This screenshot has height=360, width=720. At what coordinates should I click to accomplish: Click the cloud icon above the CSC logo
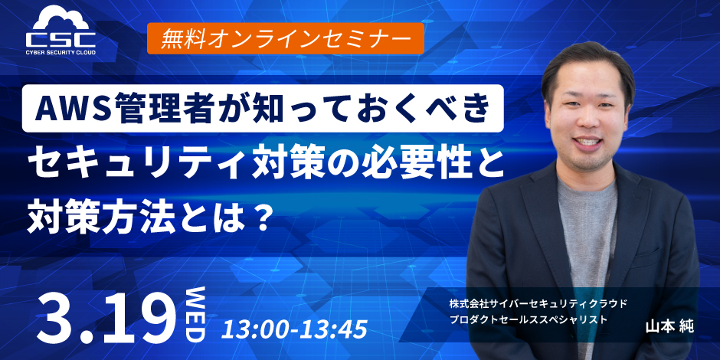61,19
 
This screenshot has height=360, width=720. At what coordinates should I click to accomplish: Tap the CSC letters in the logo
61,39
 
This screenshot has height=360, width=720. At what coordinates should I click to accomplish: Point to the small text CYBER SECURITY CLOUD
61,52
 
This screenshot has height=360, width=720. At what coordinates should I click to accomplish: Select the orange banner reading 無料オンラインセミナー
285,38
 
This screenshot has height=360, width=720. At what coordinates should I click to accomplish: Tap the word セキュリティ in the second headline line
136,164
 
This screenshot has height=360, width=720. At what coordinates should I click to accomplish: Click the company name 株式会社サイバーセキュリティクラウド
538,303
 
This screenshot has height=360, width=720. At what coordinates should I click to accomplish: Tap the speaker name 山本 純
669,326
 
